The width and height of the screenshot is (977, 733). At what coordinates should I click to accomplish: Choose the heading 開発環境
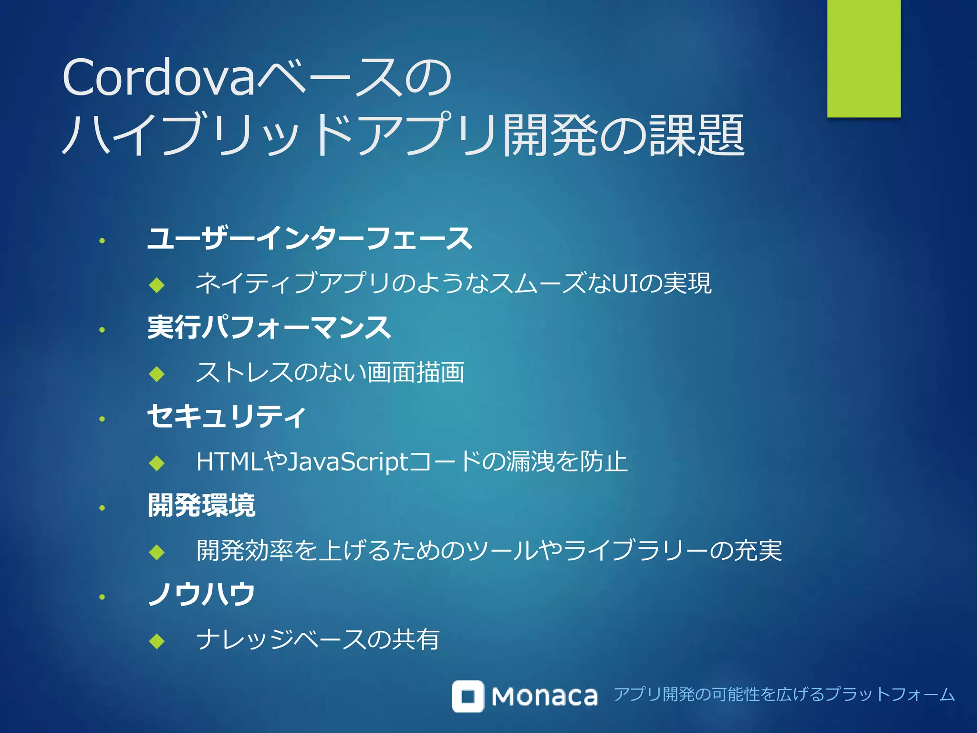(x=201, y=505)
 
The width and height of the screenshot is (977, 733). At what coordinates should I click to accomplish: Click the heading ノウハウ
(x=202, y=594)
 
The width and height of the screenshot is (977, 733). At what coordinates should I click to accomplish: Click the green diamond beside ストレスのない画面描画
(x=156, y=374)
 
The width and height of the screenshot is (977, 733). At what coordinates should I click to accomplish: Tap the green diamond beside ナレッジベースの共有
(x=156, y=641)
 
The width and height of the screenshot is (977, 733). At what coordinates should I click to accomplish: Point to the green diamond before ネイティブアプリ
(x=156, y=285)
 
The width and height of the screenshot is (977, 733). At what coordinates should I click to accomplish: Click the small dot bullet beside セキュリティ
(x=102, y=419)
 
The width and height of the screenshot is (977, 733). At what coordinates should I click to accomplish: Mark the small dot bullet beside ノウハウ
(x=102, y=597)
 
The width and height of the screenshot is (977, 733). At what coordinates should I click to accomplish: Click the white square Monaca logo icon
(x=468, y=696)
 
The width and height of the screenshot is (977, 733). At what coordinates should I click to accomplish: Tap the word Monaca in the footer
(x=544, y=696)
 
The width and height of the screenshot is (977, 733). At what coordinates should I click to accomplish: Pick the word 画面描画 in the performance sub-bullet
(x=415, y=372)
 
